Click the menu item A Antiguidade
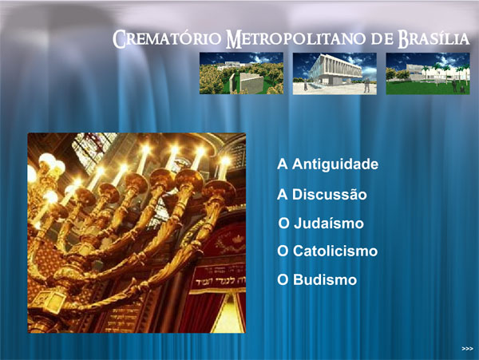[x=328, y=164]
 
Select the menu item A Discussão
[x=322, y=194]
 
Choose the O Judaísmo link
[x=321, y=223]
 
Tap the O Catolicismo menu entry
[x=327, y=251]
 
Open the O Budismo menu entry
[x=317, y=279]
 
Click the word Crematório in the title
[x=168, y=39]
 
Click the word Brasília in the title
[x=433, y=39]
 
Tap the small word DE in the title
[x=382, y=39]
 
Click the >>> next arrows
[x=467, y=349]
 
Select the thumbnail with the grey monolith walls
[x=241, y=73]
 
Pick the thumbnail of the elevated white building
[x=335, y=73]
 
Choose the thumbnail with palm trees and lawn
[x=428, y=73]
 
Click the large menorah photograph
[x=137, y=232]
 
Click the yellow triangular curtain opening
[x=228, y=315]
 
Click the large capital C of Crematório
[x=119, y=39]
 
